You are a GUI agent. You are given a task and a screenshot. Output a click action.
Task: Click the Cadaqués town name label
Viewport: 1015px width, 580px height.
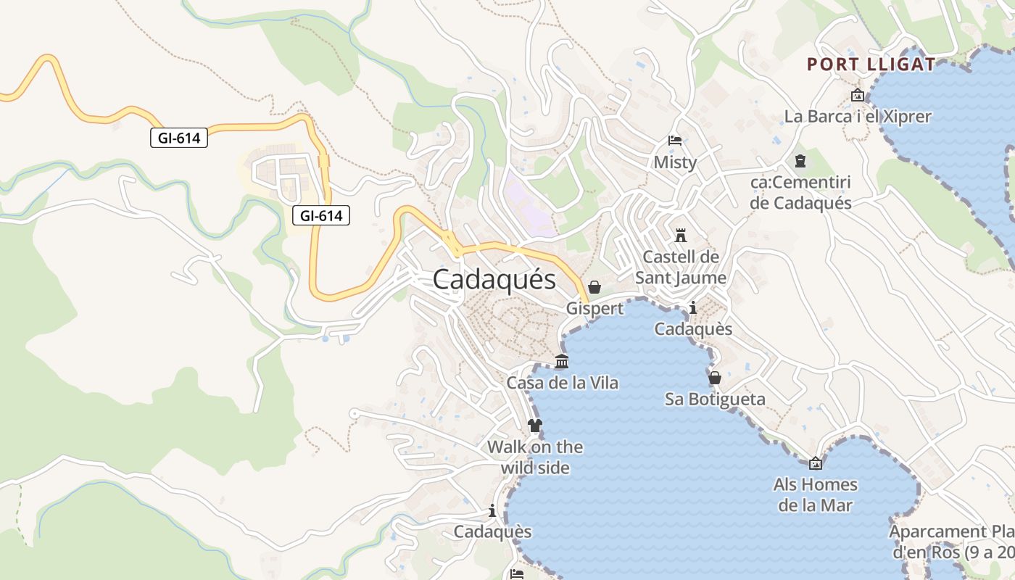(x=494, y=280)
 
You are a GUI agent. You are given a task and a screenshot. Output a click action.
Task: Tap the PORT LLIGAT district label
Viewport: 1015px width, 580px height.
(x=871, y=64)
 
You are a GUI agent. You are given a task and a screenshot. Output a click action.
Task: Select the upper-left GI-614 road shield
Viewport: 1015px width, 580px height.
(x=179, y=138)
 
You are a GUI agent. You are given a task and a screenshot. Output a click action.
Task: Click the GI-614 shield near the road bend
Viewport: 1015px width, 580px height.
(x=321, y=215)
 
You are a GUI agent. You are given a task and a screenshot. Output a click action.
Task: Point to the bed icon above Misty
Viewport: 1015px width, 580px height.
(x=675, y=141)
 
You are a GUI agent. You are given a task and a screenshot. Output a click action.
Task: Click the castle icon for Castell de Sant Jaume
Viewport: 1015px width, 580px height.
(x=680, y=236)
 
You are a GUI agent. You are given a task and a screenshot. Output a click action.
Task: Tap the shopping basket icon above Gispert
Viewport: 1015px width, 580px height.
(x=594, y=287)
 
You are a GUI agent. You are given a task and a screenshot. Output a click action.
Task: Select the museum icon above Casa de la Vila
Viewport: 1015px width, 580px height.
(x=561, y=361)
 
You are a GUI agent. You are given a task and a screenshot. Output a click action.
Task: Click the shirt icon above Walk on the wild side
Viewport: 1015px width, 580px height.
(x=535, y=426)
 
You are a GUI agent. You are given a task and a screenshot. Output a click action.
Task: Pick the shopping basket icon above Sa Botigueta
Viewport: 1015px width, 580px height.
(x=714, y=378)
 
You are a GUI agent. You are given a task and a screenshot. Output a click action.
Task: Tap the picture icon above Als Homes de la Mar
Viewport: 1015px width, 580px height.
(x=815, y=463)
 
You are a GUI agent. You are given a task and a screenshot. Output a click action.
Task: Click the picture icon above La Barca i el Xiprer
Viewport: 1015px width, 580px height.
(x=858, y=95)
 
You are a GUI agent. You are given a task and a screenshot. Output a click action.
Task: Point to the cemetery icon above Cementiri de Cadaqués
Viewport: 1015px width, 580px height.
(x=800, y=160)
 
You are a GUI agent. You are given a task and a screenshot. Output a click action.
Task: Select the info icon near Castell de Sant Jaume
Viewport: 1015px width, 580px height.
(x=692, y=308)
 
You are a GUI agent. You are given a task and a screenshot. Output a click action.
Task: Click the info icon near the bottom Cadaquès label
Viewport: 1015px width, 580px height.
(x=493, y=511)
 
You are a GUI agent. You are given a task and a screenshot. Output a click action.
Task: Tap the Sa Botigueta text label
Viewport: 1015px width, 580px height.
(x=715, y=399)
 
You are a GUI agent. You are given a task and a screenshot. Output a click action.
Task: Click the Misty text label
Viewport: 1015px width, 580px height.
(x=675, y=162)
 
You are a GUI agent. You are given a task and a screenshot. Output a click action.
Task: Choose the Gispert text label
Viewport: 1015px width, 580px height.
(x=594, y=309)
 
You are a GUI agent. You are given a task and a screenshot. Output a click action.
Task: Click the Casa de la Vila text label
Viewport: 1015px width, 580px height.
(x=562, y=383)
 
